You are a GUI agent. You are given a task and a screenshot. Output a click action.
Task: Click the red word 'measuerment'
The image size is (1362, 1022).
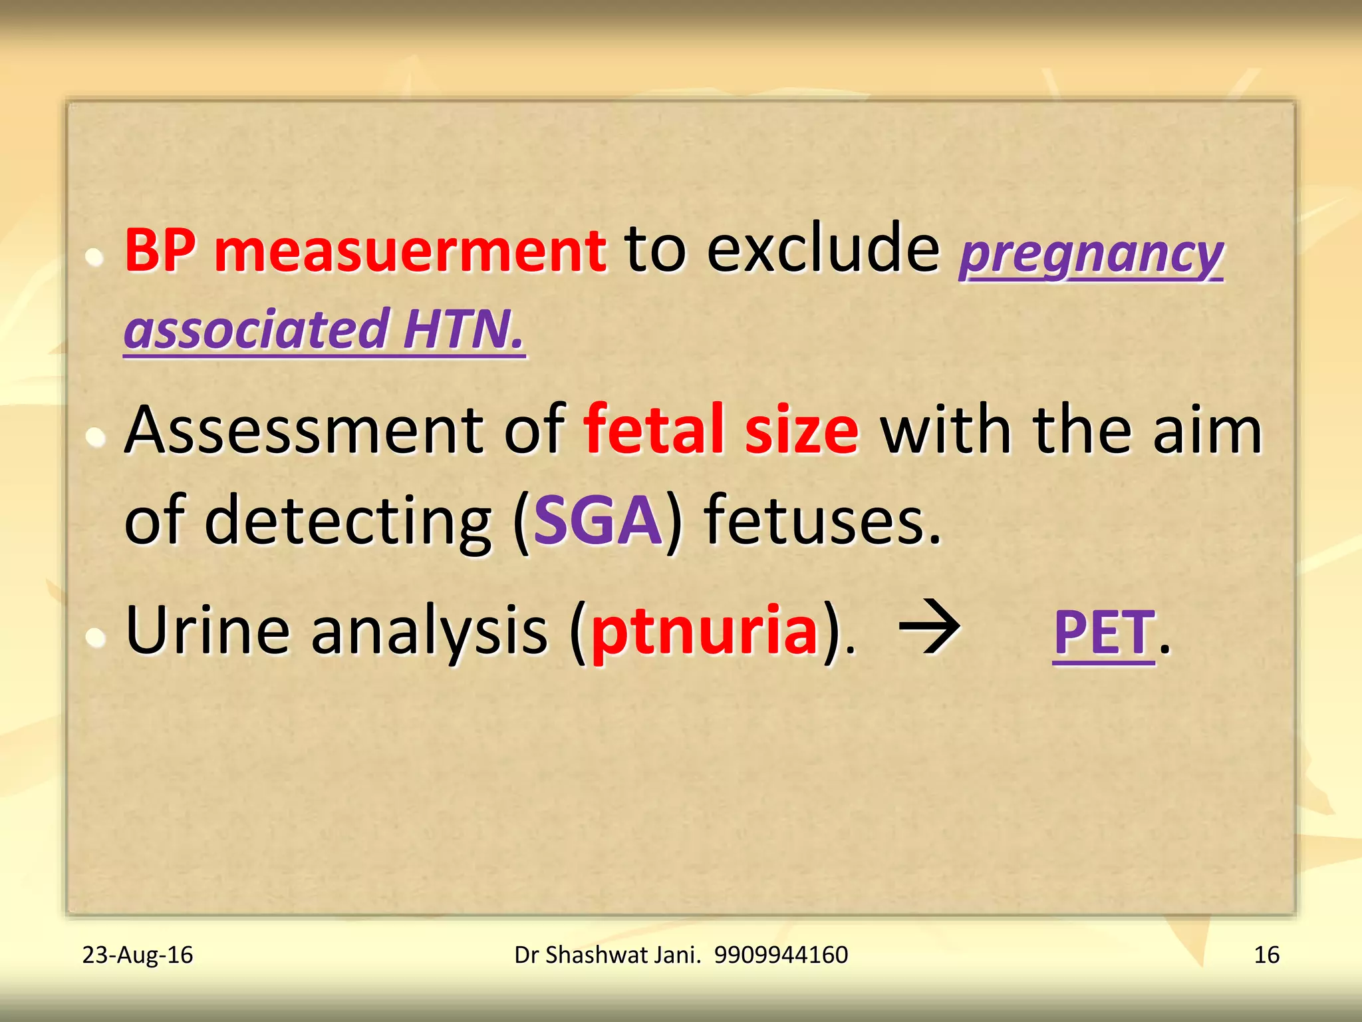coord(410,252)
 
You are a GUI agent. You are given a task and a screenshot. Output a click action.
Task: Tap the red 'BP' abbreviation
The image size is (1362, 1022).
coord(160,252)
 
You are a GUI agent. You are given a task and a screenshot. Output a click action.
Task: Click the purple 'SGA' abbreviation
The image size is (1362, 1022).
coord(597,521)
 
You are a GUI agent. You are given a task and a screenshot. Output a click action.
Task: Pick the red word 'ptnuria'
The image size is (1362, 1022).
coord(704,632)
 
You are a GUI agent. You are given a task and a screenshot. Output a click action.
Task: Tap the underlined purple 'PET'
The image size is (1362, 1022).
coord(1104,633)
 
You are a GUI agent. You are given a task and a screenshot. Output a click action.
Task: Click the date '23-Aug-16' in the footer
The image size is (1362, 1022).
coord(138,955)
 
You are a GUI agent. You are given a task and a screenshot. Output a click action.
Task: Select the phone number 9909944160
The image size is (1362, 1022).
coord(781,955)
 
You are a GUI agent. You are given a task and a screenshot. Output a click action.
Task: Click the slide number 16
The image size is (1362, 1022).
coord(1266,955)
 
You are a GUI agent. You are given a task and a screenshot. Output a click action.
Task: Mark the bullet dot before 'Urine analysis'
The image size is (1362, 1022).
coord(96,637)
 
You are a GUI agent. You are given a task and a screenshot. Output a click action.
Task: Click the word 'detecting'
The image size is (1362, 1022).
coord(347,521)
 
